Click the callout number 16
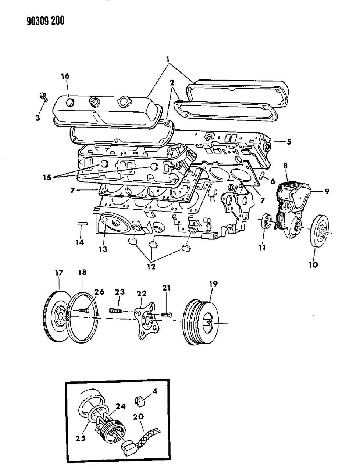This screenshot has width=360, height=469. [x=65, y=76]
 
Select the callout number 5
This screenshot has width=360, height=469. [x=289, y=142]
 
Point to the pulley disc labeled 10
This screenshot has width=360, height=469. [x=320, y=232]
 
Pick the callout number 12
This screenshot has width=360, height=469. [x=151, y=266]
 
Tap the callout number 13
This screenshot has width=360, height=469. [x=103, y=249]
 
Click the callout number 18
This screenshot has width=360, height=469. [x=82, y=273]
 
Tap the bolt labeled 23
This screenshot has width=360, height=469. [x=117, y=311]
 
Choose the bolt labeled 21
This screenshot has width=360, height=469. [x=166, y=315]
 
